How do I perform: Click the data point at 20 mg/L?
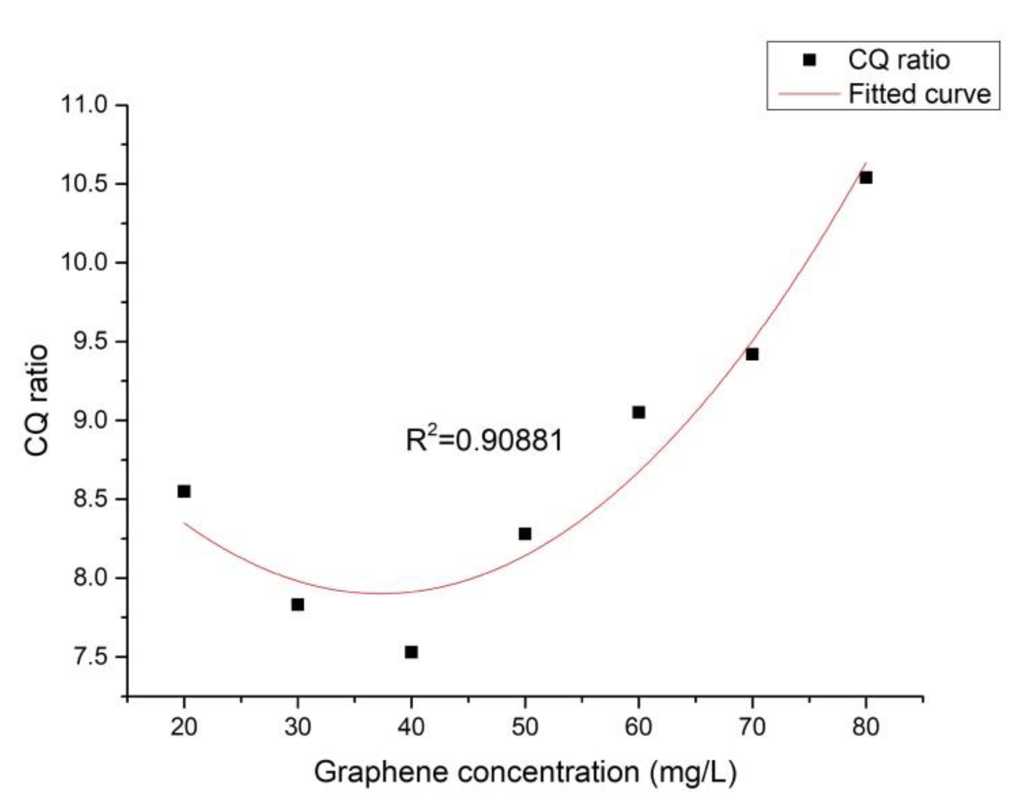pos(184,491)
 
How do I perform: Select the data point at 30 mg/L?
pos(298,605)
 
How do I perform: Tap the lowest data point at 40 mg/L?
pos(411,652)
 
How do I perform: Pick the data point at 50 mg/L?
pos(525,534)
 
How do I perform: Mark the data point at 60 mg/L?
pos(639,412)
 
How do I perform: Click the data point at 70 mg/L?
pos(752,354)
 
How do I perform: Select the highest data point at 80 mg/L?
pos(866,177)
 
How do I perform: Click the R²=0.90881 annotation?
pos(484,440)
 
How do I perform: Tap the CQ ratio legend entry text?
pos(899,60)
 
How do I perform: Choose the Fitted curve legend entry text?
pos(920,94)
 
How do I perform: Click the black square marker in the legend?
pos(810,60)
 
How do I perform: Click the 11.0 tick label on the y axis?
pos(84,105)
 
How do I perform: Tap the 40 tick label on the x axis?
pos(411,727)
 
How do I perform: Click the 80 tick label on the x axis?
pos(866,727)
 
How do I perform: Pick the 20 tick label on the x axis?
pos(184,727)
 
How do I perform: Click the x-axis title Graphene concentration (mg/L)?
pos(525,772)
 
